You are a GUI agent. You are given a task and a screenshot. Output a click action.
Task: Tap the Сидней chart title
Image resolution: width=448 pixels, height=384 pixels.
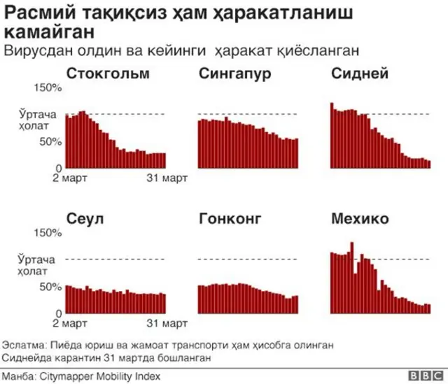coord(360,74)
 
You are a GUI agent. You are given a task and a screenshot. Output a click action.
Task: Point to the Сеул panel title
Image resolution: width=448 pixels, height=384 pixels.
coord(85,219)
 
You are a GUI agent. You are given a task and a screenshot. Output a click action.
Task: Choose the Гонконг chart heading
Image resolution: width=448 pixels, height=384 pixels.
coord(230,219)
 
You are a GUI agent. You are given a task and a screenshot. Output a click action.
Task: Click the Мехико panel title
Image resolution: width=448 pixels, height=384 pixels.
coord(359,219)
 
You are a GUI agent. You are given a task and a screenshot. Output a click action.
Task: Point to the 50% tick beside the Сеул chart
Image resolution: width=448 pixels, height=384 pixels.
coord(51,287)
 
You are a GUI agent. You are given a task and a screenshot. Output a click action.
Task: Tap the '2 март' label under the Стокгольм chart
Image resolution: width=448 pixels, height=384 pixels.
coord(70,178)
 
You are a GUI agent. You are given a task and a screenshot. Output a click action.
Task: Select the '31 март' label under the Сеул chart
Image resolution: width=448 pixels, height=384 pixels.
coord(165,323)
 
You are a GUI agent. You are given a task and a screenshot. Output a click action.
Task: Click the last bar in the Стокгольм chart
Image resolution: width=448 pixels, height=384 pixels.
coord(164,161)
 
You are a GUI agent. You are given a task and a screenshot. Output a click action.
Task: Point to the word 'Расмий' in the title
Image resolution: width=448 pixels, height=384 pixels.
coord(34,13)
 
